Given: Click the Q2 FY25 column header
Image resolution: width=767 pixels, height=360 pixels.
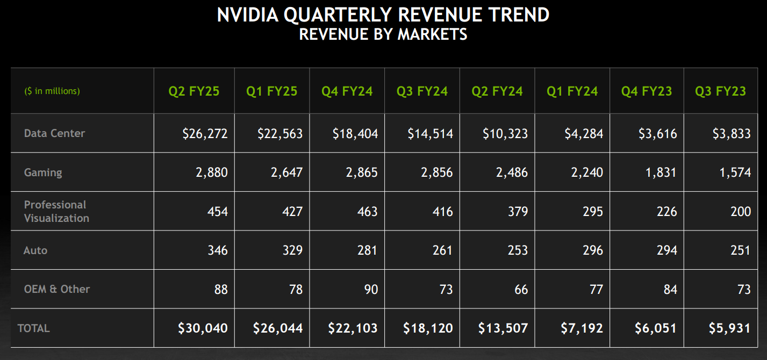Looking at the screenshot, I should (x=193, y=91).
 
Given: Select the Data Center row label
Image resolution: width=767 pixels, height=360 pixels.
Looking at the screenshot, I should (x=54, y=133).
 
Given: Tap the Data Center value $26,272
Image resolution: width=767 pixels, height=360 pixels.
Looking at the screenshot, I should (x=205, y=133).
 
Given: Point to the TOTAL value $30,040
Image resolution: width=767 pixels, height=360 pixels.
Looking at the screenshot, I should (x=203, y=328).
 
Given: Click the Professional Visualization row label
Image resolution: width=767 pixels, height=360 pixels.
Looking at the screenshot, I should (x=56, y=211).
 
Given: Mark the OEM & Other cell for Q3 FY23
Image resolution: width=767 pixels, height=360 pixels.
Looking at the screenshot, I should (x=744, y=289).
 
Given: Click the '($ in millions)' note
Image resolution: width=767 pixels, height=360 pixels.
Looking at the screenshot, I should (x=52, y=91).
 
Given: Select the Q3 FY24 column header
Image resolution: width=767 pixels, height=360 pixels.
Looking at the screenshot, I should (x=422, y=91).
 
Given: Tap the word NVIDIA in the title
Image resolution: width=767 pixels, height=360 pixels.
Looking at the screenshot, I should (x=247, y=15).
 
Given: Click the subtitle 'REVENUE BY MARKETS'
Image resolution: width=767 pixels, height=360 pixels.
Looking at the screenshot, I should (x=383, y=34).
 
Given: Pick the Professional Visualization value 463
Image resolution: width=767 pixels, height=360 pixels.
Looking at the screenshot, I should (x=367, y=211).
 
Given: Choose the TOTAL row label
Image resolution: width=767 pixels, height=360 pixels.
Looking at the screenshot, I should (x=33, y=328).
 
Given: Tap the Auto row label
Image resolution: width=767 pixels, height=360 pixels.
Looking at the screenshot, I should (x=35, y=250).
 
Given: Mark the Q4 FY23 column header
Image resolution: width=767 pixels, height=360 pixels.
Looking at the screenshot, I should (x=647, y=91).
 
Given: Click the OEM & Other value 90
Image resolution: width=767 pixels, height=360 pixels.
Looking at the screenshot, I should (x=371, y=289).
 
